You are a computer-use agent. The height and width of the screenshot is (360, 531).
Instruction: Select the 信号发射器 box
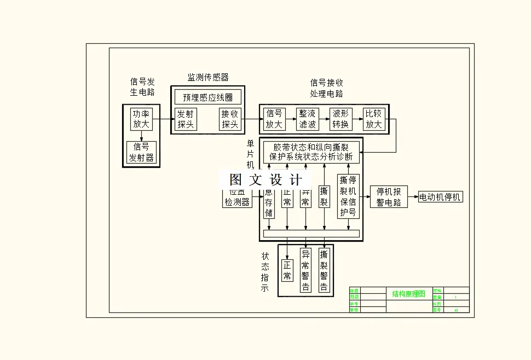[x=141, y=153]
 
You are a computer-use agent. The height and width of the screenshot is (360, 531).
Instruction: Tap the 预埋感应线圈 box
[x=207, y=97]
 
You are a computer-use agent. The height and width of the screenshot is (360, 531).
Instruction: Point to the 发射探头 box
[x=186, y=119]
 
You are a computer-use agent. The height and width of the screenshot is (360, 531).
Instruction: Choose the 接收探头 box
[x=230, y=119]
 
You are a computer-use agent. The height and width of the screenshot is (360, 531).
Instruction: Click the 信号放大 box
[x=274, y=119]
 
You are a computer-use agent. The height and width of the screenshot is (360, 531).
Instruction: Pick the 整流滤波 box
[x=307, y=119]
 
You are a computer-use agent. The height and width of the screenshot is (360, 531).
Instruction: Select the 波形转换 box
[x=340, y=119]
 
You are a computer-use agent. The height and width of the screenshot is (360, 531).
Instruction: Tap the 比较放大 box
[x=374, y=119]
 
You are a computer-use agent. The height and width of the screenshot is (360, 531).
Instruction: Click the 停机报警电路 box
[x=389, y=197]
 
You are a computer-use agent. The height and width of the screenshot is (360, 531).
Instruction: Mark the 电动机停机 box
[x=440, y=197]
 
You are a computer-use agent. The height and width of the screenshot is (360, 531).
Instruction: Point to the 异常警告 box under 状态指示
[x=305, y=270]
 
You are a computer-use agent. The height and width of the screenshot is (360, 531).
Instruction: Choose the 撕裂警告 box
[x=324, y=270]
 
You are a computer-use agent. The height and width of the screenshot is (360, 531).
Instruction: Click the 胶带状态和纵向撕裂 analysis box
[x=310, y=152]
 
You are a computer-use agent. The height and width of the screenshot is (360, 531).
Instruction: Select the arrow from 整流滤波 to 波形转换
[x=324, y=119]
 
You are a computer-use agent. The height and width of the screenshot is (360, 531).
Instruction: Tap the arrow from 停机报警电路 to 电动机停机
[x=413, y=197]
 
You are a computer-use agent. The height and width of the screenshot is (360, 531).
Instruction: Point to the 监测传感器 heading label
[x=208, y=77]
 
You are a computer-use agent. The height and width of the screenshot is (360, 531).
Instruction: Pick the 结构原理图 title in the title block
[x=408, y=294]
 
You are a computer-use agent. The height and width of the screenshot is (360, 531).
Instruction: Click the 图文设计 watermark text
[x=265, y=179]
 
